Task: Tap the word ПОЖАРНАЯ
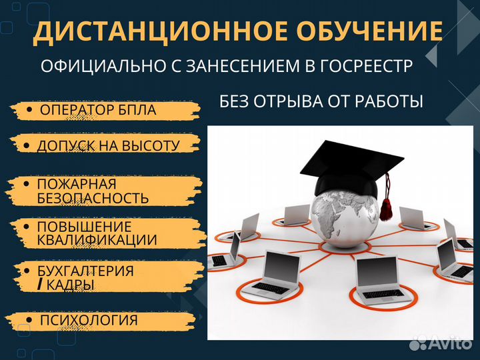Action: click(76, 184)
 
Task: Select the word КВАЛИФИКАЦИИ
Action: click(97, 240)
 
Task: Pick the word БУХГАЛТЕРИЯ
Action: click(85, 271)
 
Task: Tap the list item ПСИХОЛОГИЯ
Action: click(89, 321)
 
